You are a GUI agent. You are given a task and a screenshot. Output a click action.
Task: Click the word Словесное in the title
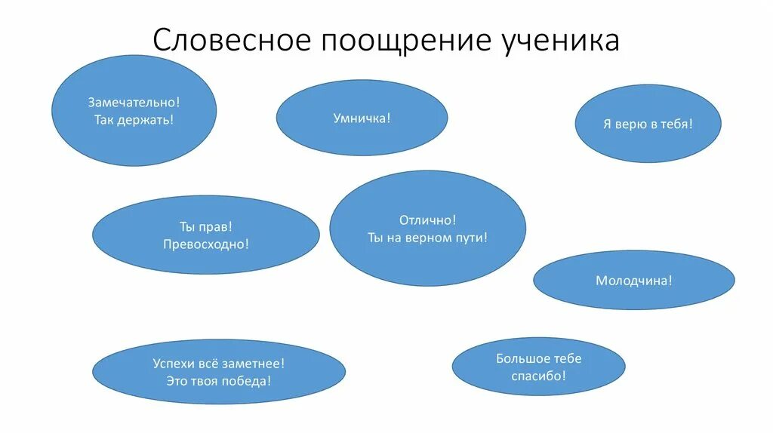tap(231, 40)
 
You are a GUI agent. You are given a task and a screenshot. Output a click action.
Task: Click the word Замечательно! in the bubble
tap(134, 101)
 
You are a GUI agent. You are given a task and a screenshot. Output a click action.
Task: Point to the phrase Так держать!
tap(134, 120)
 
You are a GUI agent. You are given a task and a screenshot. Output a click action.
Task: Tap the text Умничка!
tap(362, 118)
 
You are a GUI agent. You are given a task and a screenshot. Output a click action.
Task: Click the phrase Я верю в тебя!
tap(648, 124)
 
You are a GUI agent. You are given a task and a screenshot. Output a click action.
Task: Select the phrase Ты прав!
tap(205, 226)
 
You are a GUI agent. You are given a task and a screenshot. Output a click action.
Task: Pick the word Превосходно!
tap(205, 244)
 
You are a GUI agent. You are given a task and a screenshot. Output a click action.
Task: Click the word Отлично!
tap(428, 220)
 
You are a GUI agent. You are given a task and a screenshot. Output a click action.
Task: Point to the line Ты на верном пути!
tap(428, 238)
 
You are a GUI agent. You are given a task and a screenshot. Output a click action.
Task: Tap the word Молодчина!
tap(633, 281)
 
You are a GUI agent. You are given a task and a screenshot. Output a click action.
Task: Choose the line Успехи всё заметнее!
tap(219, 364)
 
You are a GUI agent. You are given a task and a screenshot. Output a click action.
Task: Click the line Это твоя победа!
tap(219, 381)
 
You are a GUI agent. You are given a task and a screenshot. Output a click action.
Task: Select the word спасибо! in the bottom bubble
tap(538, 376)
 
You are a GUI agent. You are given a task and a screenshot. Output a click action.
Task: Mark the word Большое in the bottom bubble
tap(519, 358)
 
